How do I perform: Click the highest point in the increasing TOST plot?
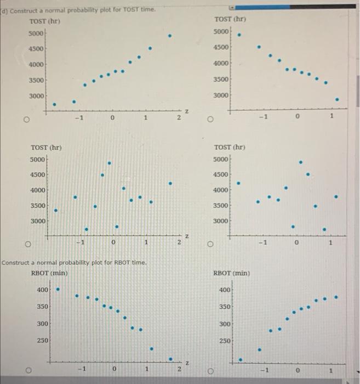170,36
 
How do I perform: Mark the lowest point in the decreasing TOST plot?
337,100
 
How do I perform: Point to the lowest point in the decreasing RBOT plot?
170,359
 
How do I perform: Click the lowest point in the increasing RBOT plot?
240,360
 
